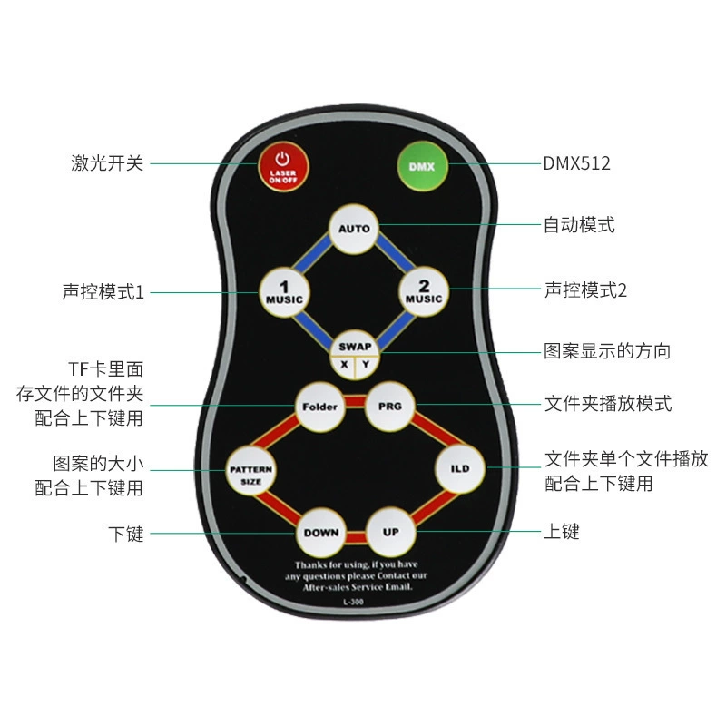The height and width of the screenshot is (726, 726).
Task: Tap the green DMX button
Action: click(422, 166)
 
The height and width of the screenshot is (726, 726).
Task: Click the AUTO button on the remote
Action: click(354, 229)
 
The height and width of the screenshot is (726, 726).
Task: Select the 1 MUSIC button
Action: click(284, 292)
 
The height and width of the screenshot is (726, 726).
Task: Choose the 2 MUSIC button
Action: click(424, 291)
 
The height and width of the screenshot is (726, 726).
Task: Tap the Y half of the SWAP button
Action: click(367, 366)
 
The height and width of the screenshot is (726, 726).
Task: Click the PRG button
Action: click(390, 407)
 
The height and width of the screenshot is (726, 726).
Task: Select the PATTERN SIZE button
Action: click(251, 470)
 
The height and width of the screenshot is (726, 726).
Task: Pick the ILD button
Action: click(460, 468)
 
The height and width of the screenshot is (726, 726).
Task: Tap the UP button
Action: click(391, 532)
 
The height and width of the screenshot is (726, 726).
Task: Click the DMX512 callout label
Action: click(576, 163)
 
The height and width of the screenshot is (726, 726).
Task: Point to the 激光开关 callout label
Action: click(107, 163)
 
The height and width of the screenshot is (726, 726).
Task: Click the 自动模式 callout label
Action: click(579, 225)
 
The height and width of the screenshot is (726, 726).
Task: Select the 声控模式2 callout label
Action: click(585, 290)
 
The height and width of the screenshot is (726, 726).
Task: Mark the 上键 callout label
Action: click(561, 532)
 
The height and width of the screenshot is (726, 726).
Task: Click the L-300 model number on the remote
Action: click(353, 602)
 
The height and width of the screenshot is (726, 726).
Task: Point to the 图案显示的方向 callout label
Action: click(607, 351)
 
